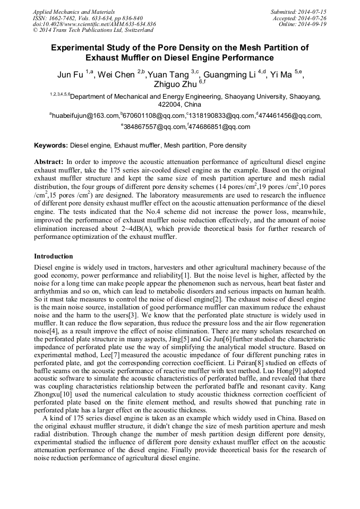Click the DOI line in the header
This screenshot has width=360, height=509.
(x=95, y=24)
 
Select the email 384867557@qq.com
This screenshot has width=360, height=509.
(x=155, y=127)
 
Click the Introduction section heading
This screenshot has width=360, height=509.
(x=53, y=256)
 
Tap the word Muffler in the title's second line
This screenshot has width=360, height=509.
(x=137, y=57)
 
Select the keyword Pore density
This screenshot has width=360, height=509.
(x=228, y=145)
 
